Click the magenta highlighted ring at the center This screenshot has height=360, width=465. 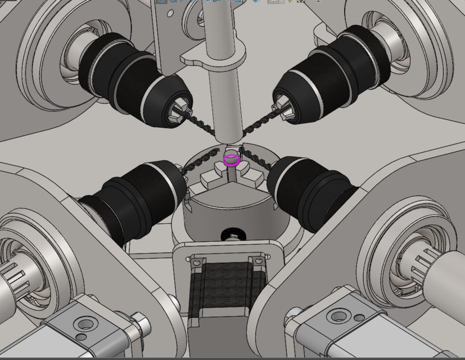[x=231, y=160]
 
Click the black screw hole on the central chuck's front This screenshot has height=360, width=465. [x=231, y=234]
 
